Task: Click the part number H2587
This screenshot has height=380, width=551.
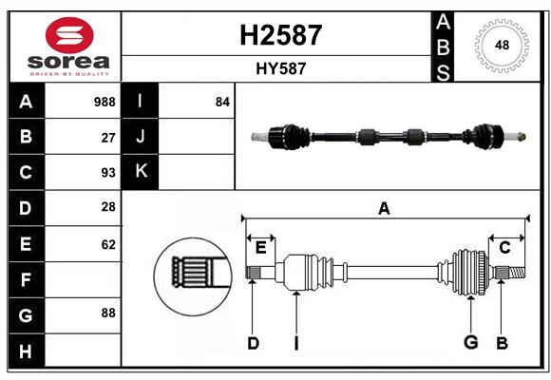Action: click(x=277, y=35)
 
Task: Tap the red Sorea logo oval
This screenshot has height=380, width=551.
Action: click(x=69, y=38)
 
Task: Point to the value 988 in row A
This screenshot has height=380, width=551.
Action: click(x=104, y=102)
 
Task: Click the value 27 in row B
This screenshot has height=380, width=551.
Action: click(x=108, y=137)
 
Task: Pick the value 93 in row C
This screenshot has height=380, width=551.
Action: click(x=108, y=173)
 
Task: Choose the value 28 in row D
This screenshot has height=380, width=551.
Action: click(x=108, y=207)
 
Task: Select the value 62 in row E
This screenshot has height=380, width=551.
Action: click(x=108, y=244)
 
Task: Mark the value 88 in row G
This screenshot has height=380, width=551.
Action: click(x=108, y=312)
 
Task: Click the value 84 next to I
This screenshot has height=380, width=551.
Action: click(x=222, y=102)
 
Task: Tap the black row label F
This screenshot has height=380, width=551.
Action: click(x=26, y=280)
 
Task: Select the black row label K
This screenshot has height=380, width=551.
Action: click(x=141, y=172)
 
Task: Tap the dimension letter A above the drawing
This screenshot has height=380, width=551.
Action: click(x=384, y=209)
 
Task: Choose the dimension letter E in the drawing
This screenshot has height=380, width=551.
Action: click(x=260, y=248)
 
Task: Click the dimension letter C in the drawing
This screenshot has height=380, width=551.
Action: click(x=504, y=248)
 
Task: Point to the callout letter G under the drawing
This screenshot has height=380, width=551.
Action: click(x=469, y=343)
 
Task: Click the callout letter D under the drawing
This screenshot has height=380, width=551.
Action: click(x=253, y=343)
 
